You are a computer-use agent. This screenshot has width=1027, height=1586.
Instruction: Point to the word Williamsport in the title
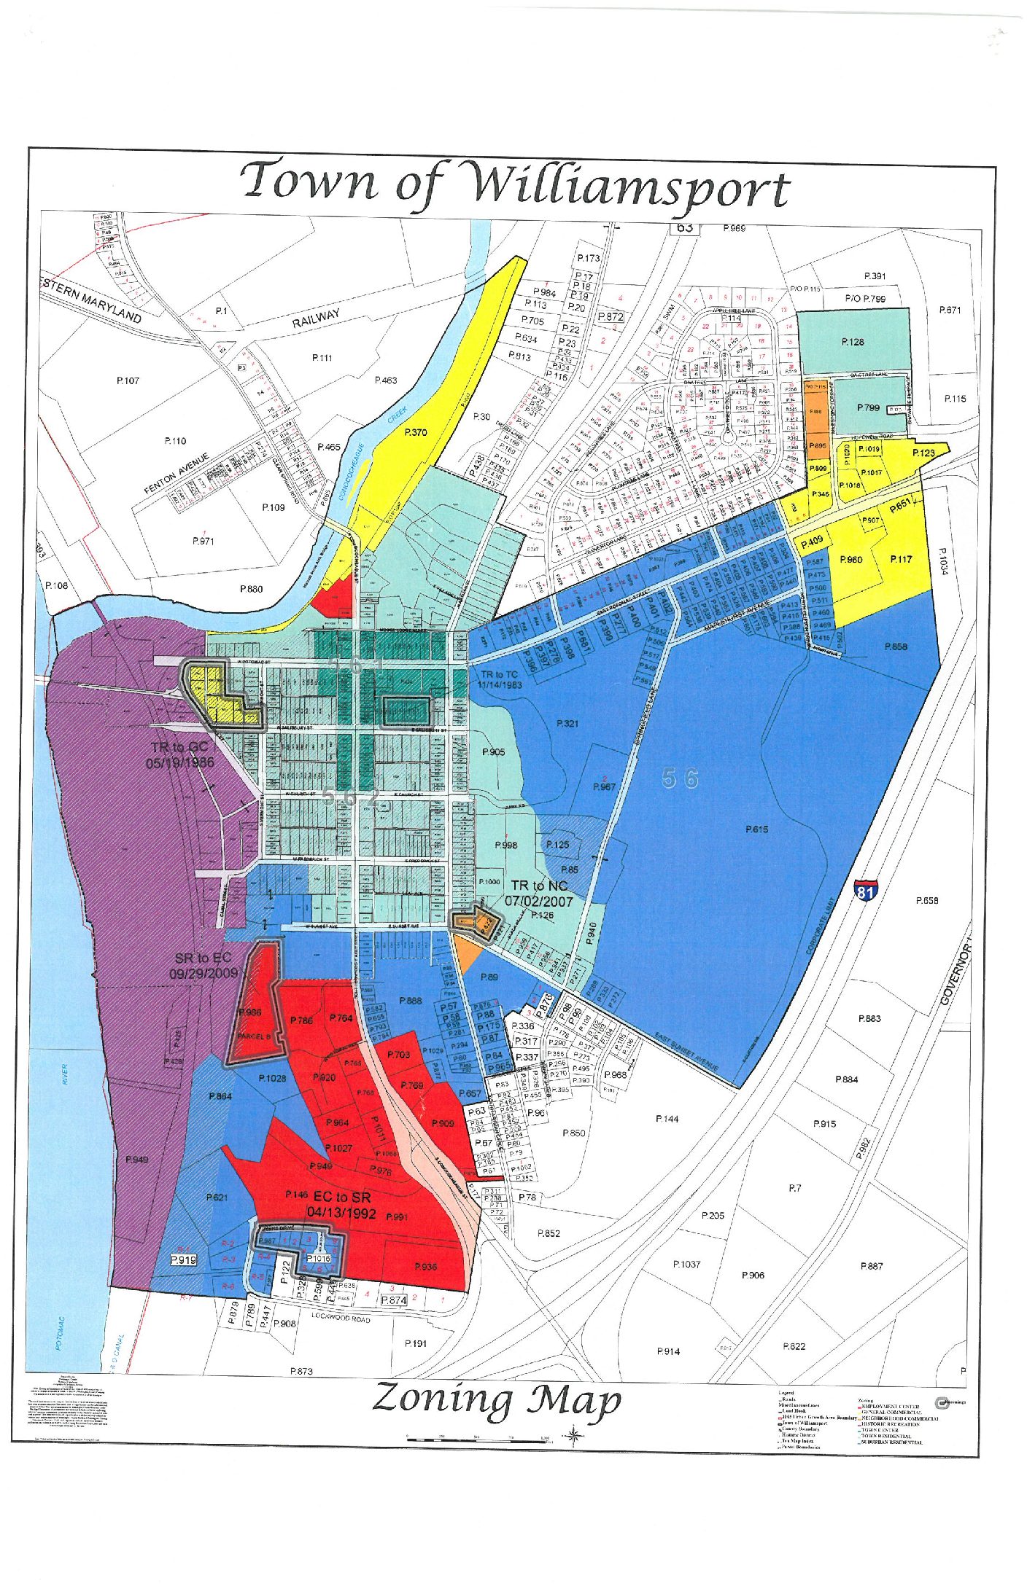click(x=629, y=187)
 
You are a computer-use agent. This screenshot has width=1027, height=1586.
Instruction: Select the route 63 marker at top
click(x=684, y=227)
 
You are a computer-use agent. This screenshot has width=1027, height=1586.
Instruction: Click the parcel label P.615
click(x=756, y=829)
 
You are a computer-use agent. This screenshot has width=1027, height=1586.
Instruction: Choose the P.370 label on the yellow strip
click(x=415, y=432)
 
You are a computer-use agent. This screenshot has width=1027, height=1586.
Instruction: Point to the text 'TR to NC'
click(x=538, y=886)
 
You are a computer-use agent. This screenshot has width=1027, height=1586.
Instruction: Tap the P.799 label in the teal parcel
click(x=868, y=408)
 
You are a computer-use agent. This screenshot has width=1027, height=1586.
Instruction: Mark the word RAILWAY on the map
click(x=316, y=318)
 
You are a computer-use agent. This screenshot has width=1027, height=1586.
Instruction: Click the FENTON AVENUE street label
click(x=177, y=472)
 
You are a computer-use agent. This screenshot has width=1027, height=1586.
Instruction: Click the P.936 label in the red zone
click(x=425, y=1267)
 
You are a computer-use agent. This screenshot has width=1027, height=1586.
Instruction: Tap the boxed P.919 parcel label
click(x=183, y=1259)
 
